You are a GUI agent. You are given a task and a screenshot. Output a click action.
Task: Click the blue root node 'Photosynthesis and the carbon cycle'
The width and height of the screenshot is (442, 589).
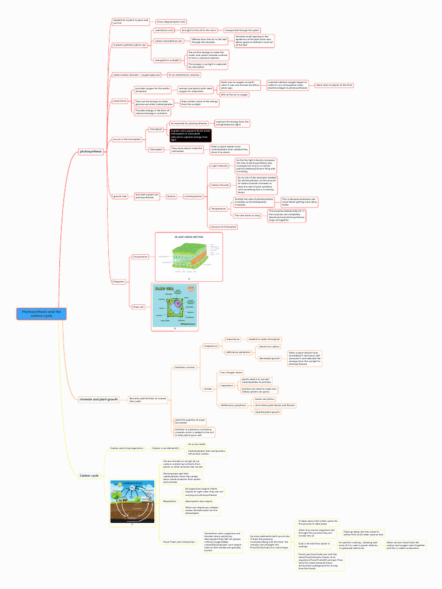(41, 313)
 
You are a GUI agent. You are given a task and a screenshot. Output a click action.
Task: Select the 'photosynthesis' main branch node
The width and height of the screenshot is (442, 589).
(91, 151)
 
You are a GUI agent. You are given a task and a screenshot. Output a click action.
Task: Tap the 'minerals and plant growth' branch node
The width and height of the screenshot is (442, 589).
(98, 399)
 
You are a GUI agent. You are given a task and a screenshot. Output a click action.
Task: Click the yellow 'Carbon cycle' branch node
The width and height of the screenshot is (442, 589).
(89, 476)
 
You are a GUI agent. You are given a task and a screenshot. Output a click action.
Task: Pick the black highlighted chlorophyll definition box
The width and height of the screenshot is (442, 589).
(190, 135)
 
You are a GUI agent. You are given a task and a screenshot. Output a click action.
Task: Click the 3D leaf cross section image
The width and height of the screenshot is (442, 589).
(188, 255)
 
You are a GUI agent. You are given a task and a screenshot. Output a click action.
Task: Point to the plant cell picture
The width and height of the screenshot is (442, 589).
(174, 307)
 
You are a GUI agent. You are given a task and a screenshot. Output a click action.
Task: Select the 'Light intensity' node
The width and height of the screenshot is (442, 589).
(219, 166)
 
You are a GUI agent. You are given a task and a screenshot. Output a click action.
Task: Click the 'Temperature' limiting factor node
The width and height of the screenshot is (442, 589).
(218, 209)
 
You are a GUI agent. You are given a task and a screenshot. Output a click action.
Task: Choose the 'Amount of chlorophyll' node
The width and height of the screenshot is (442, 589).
(224, 227)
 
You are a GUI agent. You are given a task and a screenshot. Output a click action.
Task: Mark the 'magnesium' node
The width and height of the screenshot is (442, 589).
(211, 346)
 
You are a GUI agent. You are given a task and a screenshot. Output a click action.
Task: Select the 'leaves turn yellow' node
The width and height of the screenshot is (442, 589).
(269, 347)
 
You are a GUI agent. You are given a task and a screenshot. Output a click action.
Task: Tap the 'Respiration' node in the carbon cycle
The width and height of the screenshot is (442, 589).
(170, 501)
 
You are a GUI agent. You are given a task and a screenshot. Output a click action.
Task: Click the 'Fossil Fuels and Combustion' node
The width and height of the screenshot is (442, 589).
(178, 542)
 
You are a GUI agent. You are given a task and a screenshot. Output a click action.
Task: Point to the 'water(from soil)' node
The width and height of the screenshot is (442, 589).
(164, 29)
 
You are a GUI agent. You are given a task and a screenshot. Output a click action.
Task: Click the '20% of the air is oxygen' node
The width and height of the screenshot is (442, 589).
(235, 94)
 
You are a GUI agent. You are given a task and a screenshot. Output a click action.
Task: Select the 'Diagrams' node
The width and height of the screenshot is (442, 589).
(119, 281)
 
